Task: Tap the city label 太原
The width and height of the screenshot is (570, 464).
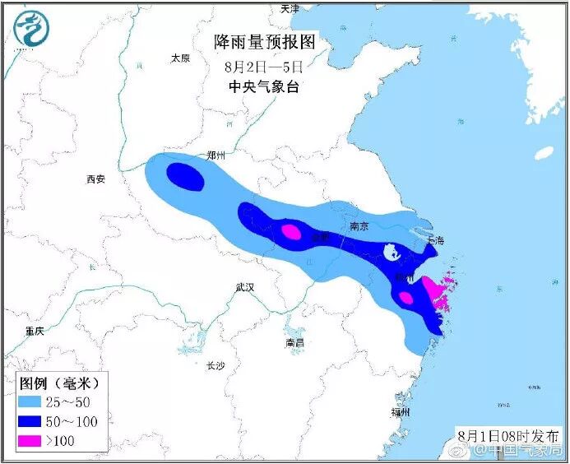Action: click(180, 58)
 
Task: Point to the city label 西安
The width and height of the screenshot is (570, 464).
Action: click(96, 179)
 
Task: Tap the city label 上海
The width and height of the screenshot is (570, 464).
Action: click(435, 241)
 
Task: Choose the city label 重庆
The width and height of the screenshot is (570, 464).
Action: click(34, 330)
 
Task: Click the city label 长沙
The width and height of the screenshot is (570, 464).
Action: click(215, 364)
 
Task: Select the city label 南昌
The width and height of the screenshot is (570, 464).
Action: click(294, 341)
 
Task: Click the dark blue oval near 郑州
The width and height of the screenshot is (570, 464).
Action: click(186, 177)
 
